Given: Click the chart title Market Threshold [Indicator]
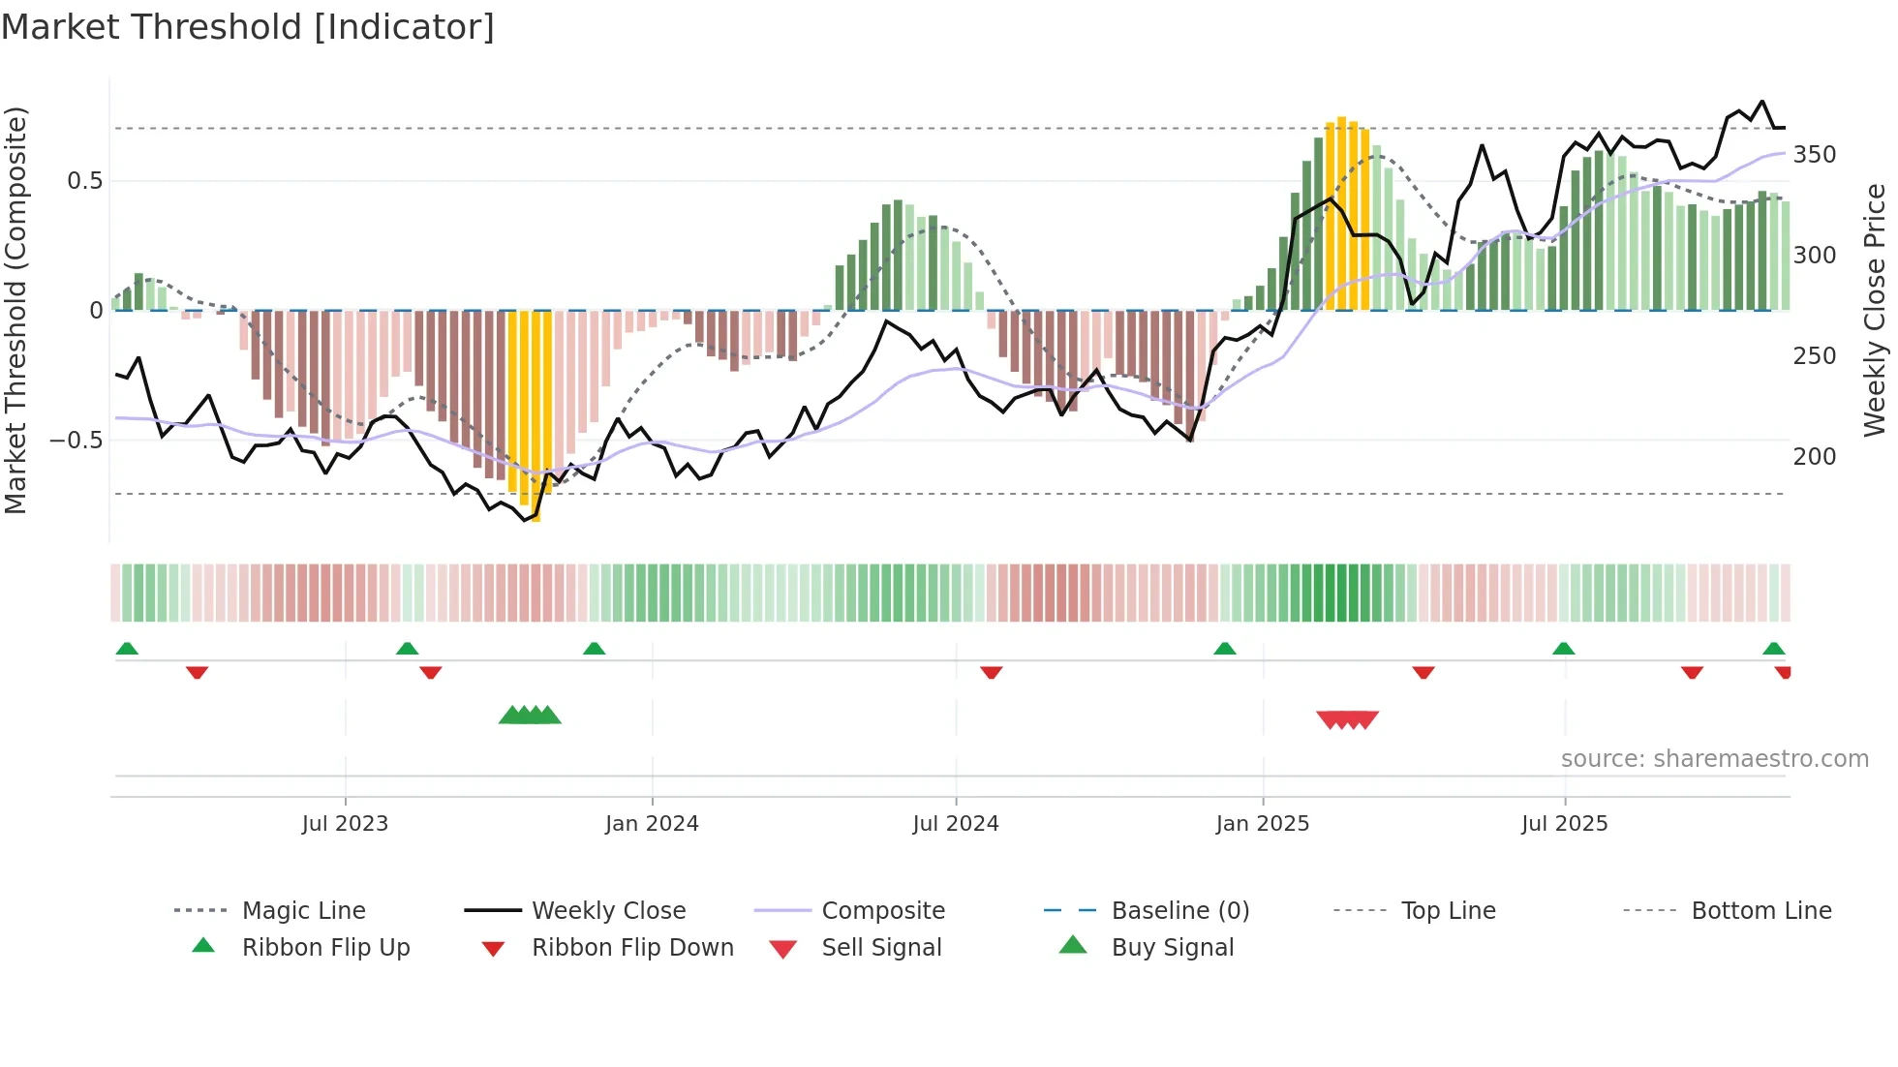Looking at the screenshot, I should [x=248, y=27].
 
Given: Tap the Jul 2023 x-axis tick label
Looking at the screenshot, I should [x=345, y=824].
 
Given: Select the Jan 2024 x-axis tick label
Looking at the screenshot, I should [x=652, y=824].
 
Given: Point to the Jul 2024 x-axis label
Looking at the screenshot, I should [x=956, y=824].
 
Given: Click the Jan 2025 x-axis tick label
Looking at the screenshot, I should [x=1263, y=824].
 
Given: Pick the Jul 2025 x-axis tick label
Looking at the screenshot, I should [x=1565, y=824].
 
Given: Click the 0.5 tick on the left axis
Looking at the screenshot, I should [x=85, y=181].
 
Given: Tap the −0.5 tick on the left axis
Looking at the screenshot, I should [x=77, y=441].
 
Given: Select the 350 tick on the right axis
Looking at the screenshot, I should [x=1815, y=155].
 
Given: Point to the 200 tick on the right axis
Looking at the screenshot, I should [x=1815, y=456].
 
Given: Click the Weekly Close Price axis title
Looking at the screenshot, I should [x=1875, y=310].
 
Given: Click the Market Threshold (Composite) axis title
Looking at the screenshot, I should [x=15, y=310].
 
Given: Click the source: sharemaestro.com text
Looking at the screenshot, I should [x=1714, y=759].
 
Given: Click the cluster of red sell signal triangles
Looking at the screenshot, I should [x=1347, y=719].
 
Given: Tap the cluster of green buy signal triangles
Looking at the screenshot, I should [x=530, y=716].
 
